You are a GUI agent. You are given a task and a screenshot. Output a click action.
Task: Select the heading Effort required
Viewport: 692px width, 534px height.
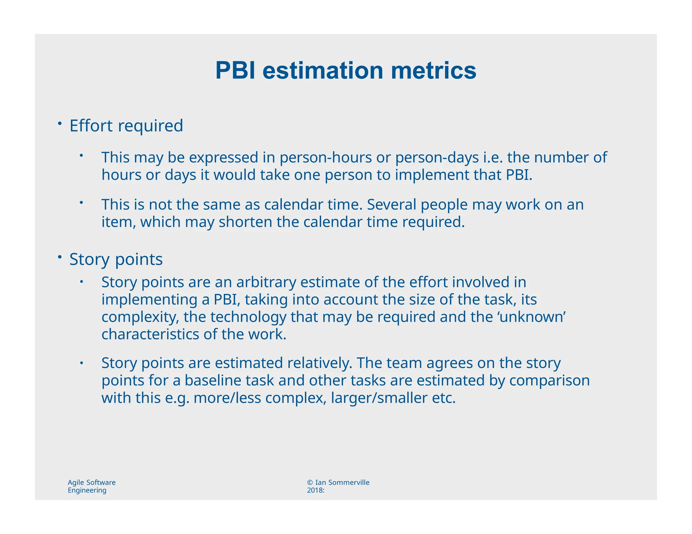(126, 126)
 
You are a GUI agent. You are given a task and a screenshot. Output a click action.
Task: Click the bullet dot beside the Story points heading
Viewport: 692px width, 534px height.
(59, 257)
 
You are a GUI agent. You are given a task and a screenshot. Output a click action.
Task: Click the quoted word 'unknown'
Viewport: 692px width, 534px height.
(532, 317)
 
